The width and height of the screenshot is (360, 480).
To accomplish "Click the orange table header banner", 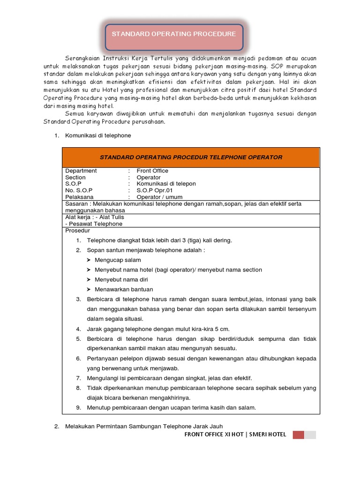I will click(191, 157).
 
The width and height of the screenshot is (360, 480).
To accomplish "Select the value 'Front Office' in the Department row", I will click(152, 171).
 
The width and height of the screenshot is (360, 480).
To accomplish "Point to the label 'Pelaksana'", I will click(79, 197).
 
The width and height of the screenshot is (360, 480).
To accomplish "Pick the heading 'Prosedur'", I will click(77, 231).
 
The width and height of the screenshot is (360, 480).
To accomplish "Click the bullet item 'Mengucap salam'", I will click(118, 260).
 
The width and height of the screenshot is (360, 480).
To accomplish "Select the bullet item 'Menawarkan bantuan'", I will click(124, 289).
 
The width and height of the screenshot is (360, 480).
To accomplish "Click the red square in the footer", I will click(298, 435).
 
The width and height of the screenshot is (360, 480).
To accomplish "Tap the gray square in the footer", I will click(310, 435).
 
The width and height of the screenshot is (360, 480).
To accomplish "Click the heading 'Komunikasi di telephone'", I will click(98, 135).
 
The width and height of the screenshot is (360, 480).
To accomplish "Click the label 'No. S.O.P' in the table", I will click(79, 190).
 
